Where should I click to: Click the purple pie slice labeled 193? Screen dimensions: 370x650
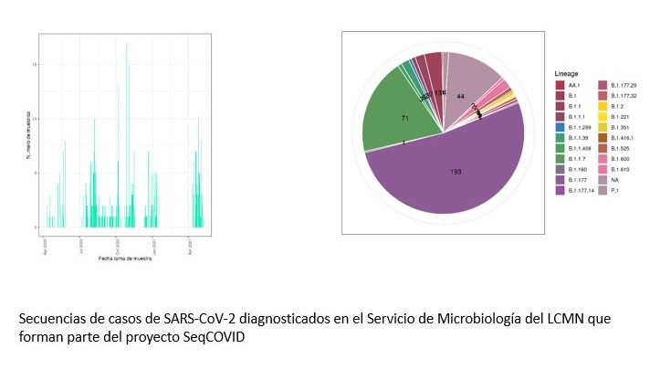click(x=455, y=172)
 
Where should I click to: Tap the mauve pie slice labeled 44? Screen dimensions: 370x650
click(x=461, y=96)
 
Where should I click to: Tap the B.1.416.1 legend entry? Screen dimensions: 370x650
click(x=624, y=137)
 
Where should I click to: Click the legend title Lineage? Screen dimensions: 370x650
click(x=568, y=73)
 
